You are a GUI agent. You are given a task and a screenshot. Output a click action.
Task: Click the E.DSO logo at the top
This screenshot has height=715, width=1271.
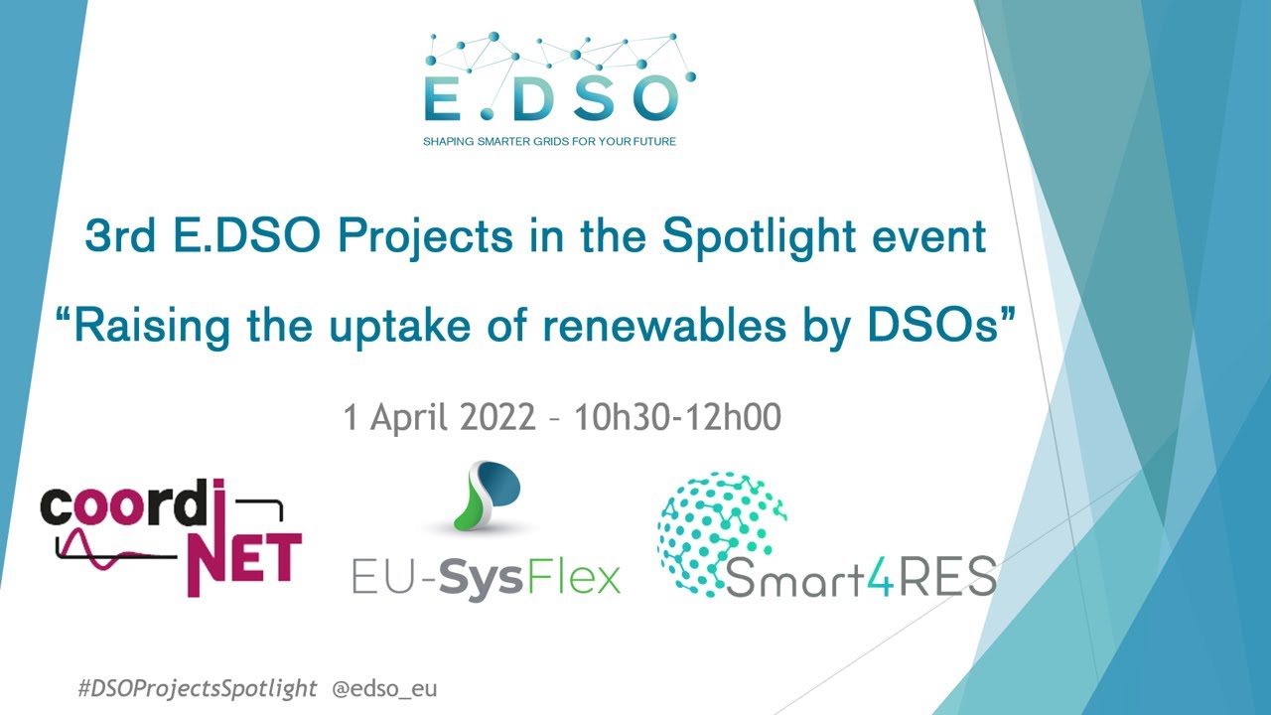tap(556, 79)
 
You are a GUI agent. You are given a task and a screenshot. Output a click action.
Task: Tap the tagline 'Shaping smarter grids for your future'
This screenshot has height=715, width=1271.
tap(549, 142)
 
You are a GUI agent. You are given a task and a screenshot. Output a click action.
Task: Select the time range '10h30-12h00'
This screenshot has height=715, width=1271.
tap(677, 418)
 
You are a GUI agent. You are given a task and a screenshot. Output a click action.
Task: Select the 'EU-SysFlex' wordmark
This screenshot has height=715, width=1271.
tap(487, 576)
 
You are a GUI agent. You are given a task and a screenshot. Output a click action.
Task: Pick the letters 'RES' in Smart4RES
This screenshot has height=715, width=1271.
tap(948, 576)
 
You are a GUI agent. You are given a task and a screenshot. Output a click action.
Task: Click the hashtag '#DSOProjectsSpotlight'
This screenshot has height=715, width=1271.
tap(198, 688)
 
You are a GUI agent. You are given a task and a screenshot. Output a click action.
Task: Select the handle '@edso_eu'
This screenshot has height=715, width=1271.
tap(384, 688)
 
